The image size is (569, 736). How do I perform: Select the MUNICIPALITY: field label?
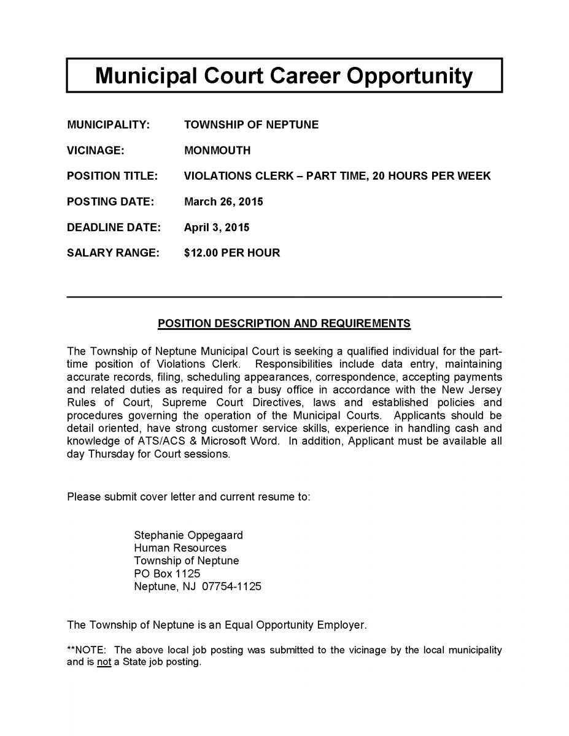point(108,125)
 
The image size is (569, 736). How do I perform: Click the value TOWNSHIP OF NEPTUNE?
point(251,125)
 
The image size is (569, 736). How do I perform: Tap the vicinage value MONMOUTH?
point(217,151)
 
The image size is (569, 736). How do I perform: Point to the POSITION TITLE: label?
point(112,177)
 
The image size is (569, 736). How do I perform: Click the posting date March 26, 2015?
point(223,202)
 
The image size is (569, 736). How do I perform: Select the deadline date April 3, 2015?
point(217,228)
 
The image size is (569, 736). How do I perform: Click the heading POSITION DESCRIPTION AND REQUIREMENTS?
point(284,323)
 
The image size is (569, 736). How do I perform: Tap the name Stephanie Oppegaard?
point(188,535)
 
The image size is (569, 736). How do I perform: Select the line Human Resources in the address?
point(180,548)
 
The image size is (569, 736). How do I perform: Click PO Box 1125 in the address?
point(167,573)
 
